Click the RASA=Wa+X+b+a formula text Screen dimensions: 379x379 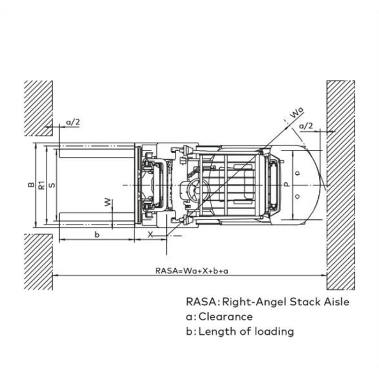click(x=192, y=271)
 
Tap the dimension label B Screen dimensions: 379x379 click(x=31, y=184)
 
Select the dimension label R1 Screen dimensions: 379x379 click(x=42, y=185)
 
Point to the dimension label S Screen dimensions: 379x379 click(x=52, y=185)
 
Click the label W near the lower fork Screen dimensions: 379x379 click(x=108, y=203)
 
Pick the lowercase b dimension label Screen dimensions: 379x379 click(x=97, y=234)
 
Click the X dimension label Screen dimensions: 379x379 click(x=151, y=234)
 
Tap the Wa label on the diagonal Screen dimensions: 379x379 click(x=296, y=112)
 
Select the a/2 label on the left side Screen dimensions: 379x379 click(x=73, y=122)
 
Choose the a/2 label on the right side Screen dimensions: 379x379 click(x=306, y=126)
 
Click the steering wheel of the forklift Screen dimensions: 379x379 click(x=196, y=192)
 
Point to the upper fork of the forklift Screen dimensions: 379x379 click(x=97, y=154)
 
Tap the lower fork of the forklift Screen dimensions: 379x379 click(x=97, y=217)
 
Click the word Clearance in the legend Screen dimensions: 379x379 click(x=225, y=317)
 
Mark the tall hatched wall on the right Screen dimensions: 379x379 click(x=341, y=185)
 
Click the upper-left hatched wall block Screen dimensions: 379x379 click(x=38, y=108)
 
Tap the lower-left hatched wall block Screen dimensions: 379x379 click(x=38, y=262)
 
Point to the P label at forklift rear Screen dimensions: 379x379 click(x=287, y=184)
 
